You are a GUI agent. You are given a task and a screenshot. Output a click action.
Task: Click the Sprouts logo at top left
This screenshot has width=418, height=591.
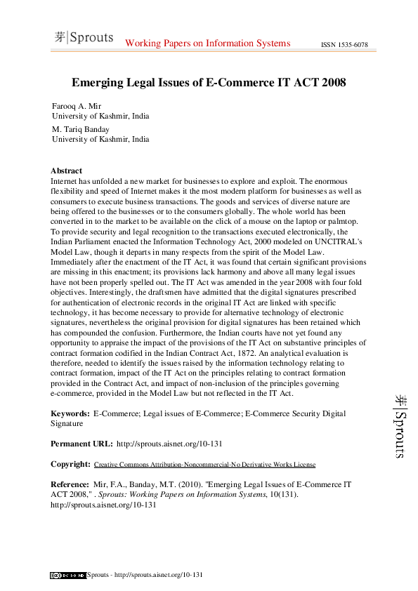pyautogui.click(x=84, y=38)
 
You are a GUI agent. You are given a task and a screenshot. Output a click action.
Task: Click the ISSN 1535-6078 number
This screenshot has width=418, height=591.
pyautogui.click(x=344, y=45)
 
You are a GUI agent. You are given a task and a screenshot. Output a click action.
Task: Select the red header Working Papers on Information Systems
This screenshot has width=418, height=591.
pyautogui.click(x=207, y=44)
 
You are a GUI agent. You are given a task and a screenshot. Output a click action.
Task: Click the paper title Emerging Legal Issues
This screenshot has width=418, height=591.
pyautogui.click(x=209, y=82)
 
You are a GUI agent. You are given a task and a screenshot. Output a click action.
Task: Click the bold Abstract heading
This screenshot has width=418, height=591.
pyautogui.click(x=66, y=171)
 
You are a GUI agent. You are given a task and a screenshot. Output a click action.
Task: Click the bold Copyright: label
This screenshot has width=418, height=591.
pyautogui.click(x=70, y=464)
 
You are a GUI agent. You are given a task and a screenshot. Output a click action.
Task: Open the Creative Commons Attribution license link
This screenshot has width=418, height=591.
pyautogui.click(x=204, y=465)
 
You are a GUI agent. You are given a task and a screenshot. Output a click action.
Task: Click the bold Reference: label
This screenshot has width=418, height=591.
pyautogui.click(x=71, y=484)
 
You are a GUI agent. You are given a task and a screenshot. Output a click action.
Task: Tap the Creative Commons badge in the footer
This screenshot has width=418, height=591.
pyautogui.click(x=67, y=576)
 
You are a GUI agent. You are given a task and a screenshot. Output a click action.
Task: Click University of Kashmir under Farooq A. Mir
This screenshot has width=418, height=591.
pyautogui.click(x=100, y=116)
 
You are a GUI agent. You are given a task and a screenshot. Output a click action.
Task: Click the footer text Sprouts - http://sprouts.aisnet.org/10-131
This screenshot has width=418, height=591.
pyautogui.click(x=145, y=576)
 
